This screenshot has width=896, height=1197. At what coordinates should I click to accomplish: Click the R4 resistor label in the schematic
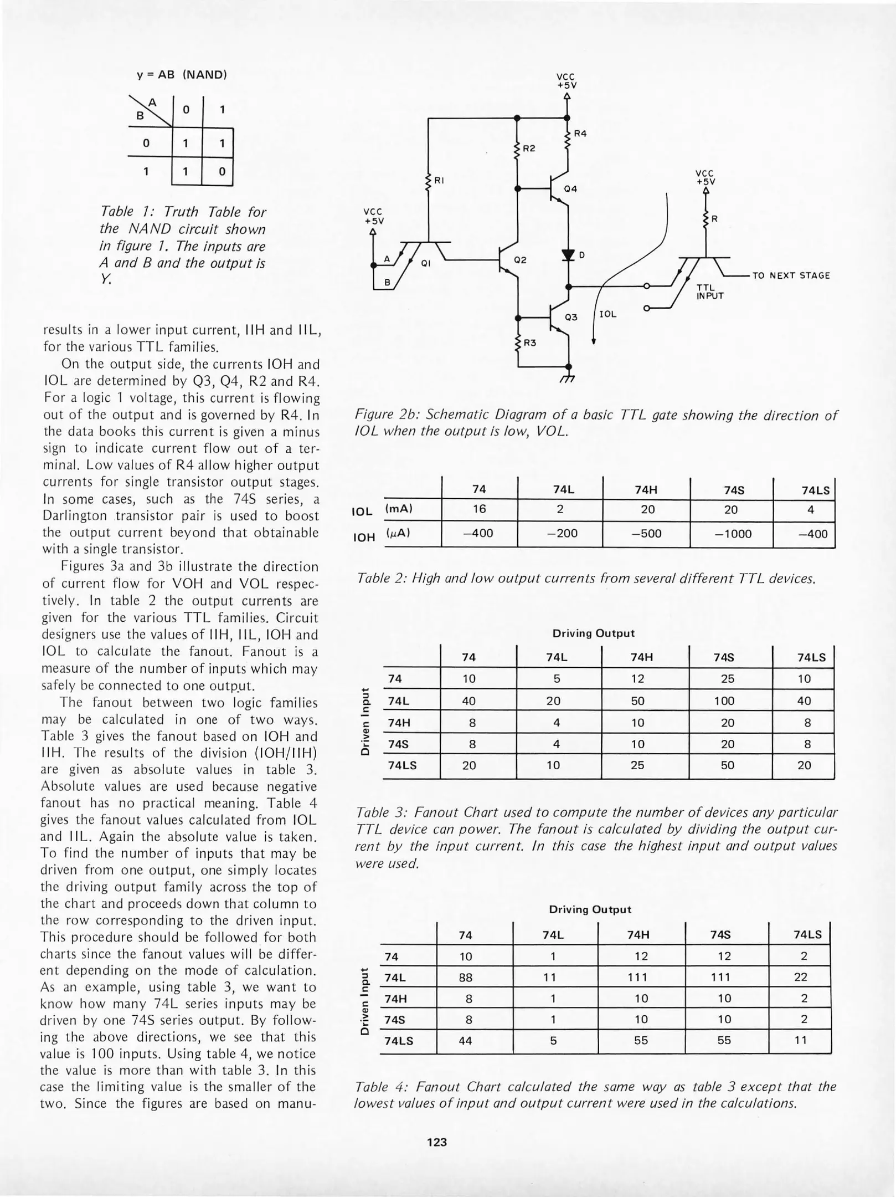point(580,133)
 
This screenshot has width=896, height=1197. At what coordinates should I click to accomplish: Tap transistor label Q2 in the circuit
point(521,259)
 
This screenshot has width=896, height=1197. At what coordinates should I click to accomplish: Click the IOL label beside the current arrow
point(607,314)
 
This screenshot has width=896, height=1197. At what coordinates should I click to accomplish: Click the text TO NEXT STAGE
point(791,275)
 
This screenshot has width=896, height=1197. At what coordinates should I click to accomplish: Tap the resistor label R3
point(530,343)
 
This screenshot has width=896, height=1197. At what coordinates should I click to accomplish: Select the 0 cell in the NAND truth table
point(221,172)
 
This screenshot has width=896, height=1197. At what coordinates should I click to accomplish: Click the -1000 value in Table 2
point(732,534)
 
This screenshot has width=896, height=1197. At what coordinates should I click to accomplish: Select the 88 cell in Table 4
point(466,978)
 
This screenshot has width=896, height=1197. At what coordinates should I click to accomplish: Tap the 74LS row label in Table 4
point(399,1041)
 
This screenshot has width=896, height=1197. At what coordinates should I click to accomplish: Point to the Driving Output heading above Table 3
point(593,633)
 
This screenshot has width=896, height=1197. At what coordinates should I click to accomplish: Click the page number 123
point(437,1142)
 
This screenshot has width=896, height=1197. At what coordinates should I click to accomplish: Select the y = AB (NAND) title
point(182,75)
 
